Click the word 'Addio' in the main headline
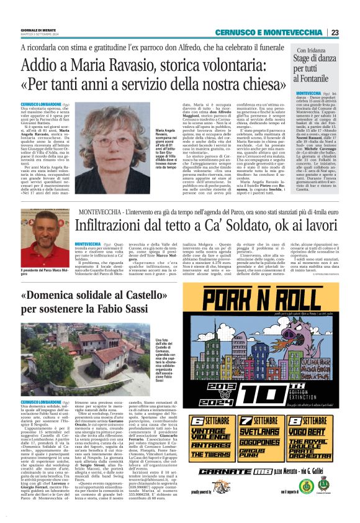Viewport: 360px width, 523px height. pos(40,65)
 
